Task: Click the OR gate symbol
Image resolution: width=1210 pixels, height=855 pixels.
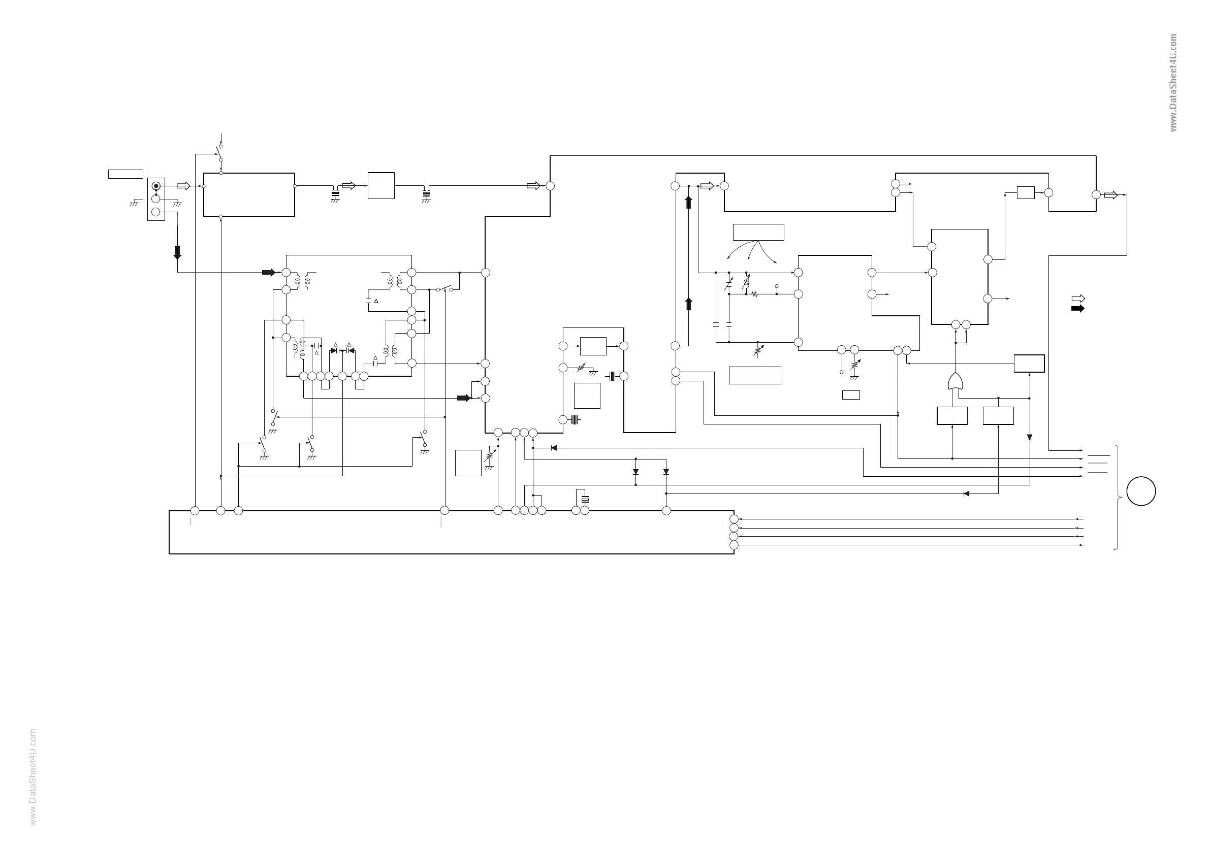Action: (954, 381)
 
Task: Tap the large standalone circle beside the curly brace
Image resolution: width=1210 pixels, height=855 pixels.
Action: (1141, 491)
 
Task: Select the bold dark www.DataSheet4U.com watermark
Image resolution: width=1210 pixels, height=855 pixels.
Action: (1173, 83)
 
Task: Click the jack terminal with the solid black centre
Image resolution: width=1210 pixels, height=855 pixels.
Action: (156, 186)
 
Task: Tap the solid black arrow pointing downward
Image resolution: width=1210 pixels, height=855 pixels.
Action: (178, 253)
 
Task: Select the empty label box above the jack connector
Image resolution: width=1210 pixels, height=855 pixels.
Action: (125, 174)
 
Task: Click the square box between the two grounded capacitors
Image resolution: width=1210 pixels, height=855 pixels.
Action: (381, 185)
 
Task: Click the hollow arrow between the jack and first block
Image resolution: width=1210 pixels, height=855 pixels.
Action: (183, 186)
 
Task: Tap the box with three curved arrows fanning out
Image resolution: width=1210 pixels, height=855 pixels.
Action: (758, 233)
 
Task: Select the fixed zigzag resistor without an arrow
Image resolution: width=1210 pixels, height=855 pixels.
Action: (754, 294)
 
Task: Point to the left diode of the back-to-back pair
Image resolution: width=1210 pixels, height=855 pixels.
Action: (335, 350)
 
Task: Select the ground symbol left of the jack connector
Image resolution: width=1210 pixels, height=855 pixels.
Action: (136, 202)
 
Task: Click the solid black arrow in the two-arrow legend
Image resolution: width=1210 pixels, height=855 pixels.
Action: (1078, 308)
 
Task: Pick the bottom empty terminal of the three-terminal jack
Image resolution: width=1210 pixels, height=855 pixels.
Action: (156, 212)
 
